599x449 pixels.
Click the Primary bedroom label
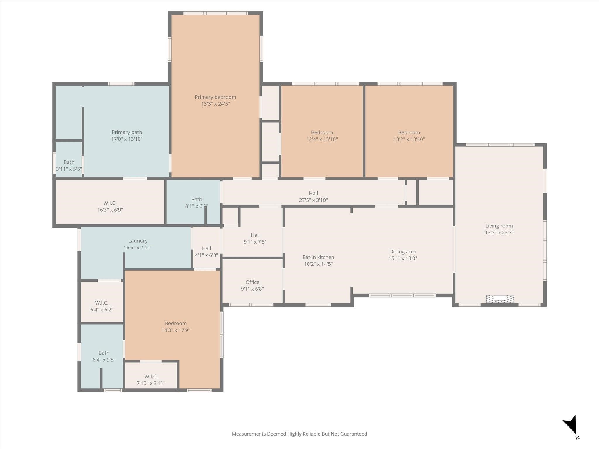215,97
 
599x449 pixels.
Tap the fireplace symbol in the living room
500,298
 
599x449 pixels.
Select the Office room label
252,282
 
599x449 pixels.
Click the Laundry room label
138,241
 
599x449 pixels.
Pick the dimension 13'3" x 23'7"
499,233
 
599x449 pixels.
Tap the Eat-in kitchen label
318,257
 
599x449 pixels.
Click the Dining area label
403,252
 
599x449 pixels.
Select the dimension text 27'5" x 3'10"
313,200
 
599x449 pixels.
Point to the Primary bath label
127,132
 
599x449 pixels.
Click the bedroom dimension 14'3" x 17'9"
176,330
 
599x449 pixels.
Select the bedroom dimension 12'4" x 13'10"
322,139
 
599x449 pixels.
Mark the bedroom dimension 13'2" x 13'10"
409,139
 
